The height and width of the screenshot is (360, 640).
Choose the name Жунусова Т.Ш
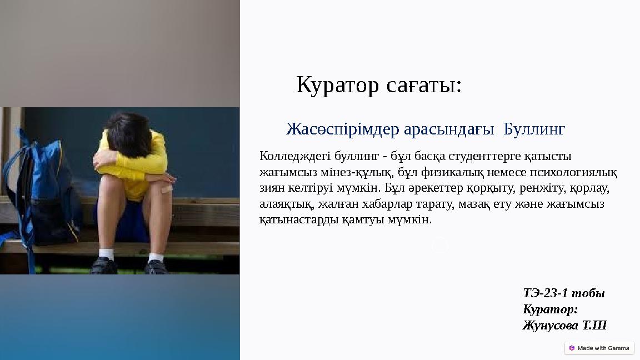(x=564, y=325)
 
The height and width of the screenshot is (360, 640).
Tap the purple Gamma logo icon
(x=572, y=348)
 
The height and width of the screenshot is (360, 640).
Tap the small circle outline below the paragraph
(x=440, y=245)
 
